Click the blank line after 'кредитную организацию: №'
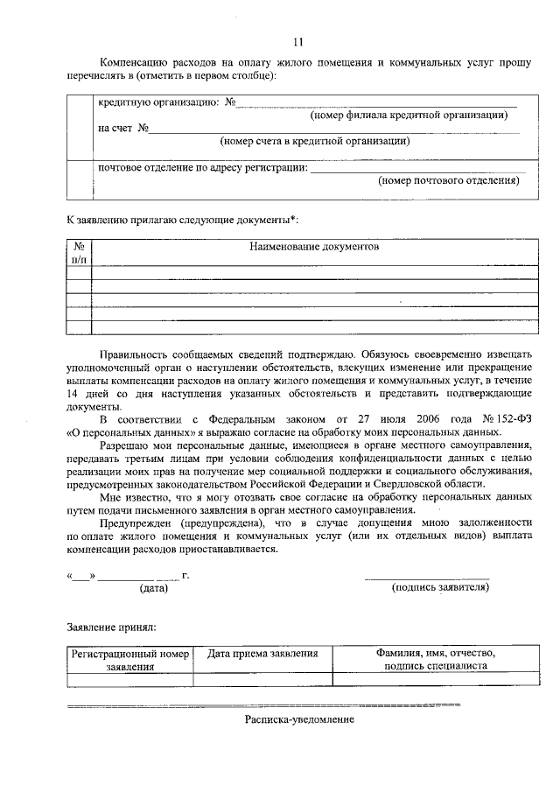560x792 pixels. tap(376, 107)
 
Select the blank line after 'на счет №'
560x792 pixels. tap(332, 132)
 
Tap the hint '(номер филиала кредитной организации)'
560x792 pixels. tap(409, 116)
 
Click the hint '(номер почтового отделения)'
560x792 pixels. tap(449, 180)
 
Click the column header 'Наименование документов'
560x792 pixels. tap(314, 248)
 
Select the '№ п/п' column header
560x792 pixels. tap(79, 254)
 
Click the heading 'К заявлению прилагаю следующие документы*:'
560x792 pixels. tap(187, 217)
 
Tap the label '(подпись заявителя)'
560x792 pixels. tap(438, 588)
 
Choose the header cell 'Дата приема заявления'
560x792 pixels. tap(262, 654)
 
